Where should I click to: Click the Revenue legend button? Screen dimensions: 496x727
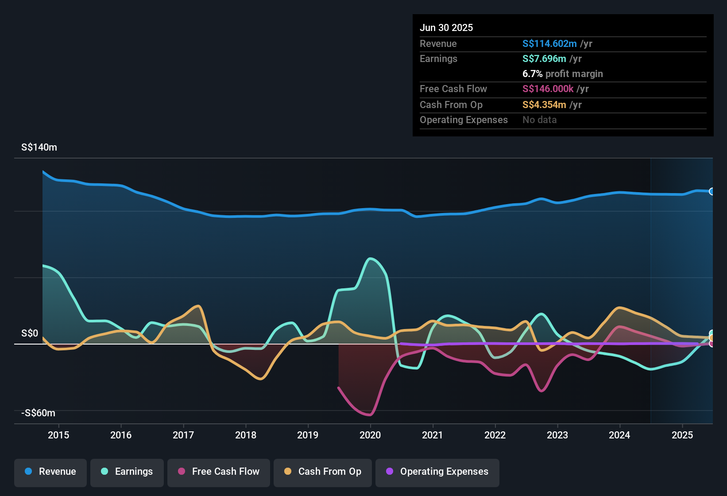tap(50, 472)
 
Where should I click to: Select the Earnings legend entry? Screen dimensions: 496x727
tap(127, 472)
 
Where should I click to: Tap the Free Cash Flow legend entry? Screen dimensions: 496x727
tap(219, 472)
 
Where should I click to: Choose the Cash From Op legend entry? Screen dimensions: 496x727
tap(323, 472)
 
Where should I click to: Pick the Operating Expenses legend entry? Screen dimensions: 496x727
tap(437, 472)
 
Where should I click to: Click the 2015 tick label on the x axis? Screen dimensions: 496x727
tap(58, 435)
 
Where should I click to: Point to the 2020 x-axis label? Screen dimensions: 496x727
tap(370, 435)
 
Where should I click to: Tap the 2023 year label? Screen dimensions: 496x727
tap(557, 435)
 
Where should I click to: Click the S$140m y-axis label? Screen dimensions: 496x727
tap(39, 147)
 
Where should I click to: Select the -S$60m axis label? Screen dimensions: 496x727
tap(39, 413)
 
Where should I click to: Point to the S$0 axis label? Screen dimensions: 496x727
tap(30, 333)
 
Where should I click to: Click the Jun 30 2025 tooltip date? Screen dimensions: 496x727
tap(446, 27)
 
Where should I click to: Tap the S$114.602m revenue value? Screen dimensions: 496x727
tap(549, 43)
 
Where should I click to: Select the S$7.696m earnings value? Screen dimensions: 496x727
tap(544, 58)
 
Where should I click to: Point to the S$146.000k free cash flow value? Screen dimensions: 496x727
tap(548, 89)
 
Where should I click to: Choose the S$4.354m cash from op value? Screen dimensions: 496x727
tap(544, 105)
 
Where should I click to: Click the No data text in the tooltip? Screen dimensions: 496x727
tap(540, 120)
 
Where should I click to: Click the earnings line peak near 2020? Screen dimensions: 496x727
tap(371, 258)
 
